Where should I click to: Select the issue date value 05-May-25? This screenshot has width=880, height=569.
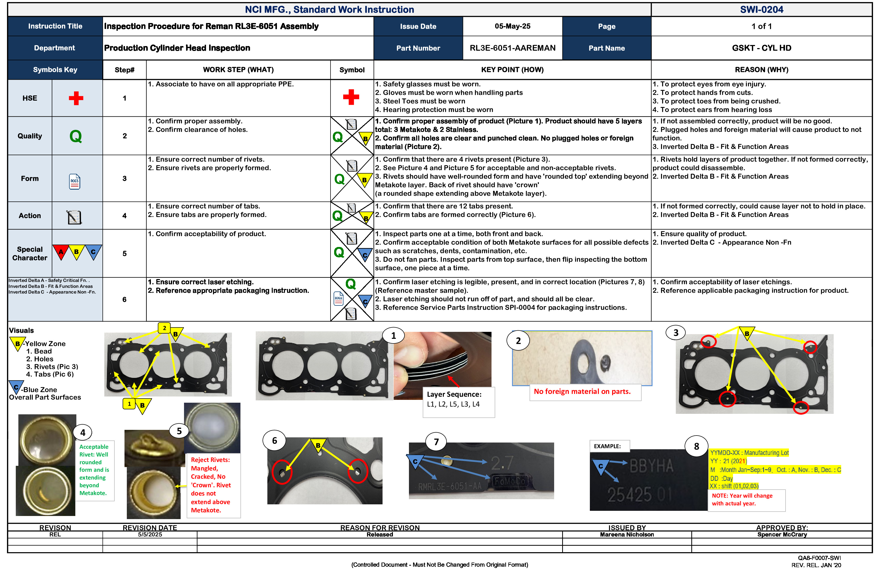512,26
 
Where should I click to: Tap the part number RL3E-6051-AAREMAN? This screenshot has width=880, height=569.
512,48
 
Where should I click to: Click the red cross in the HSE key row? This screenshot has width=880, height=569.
76,98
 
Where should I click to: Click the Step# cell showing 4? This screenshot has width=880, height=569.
124,216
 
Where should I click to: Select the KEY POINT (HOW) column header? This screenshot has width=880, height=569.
512,70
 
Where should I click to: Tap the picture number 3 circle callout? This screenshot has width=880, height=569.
676,333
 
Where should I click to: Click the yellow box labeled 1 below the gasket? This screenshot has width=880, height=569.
129,404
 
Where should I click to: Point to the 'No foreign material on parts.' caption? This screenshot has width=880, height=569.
582,392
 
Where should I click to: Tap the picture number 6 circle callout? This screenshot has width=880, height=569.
274,441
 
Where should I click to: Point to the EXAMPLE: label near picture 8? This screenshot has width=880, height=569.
607,446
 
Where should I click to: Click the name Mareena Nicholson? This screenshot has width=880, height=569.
627,535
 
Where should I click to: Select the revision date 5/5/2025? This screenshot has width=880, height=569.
150,535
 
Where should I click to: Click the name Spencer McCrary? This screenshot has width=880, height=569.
782,535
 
